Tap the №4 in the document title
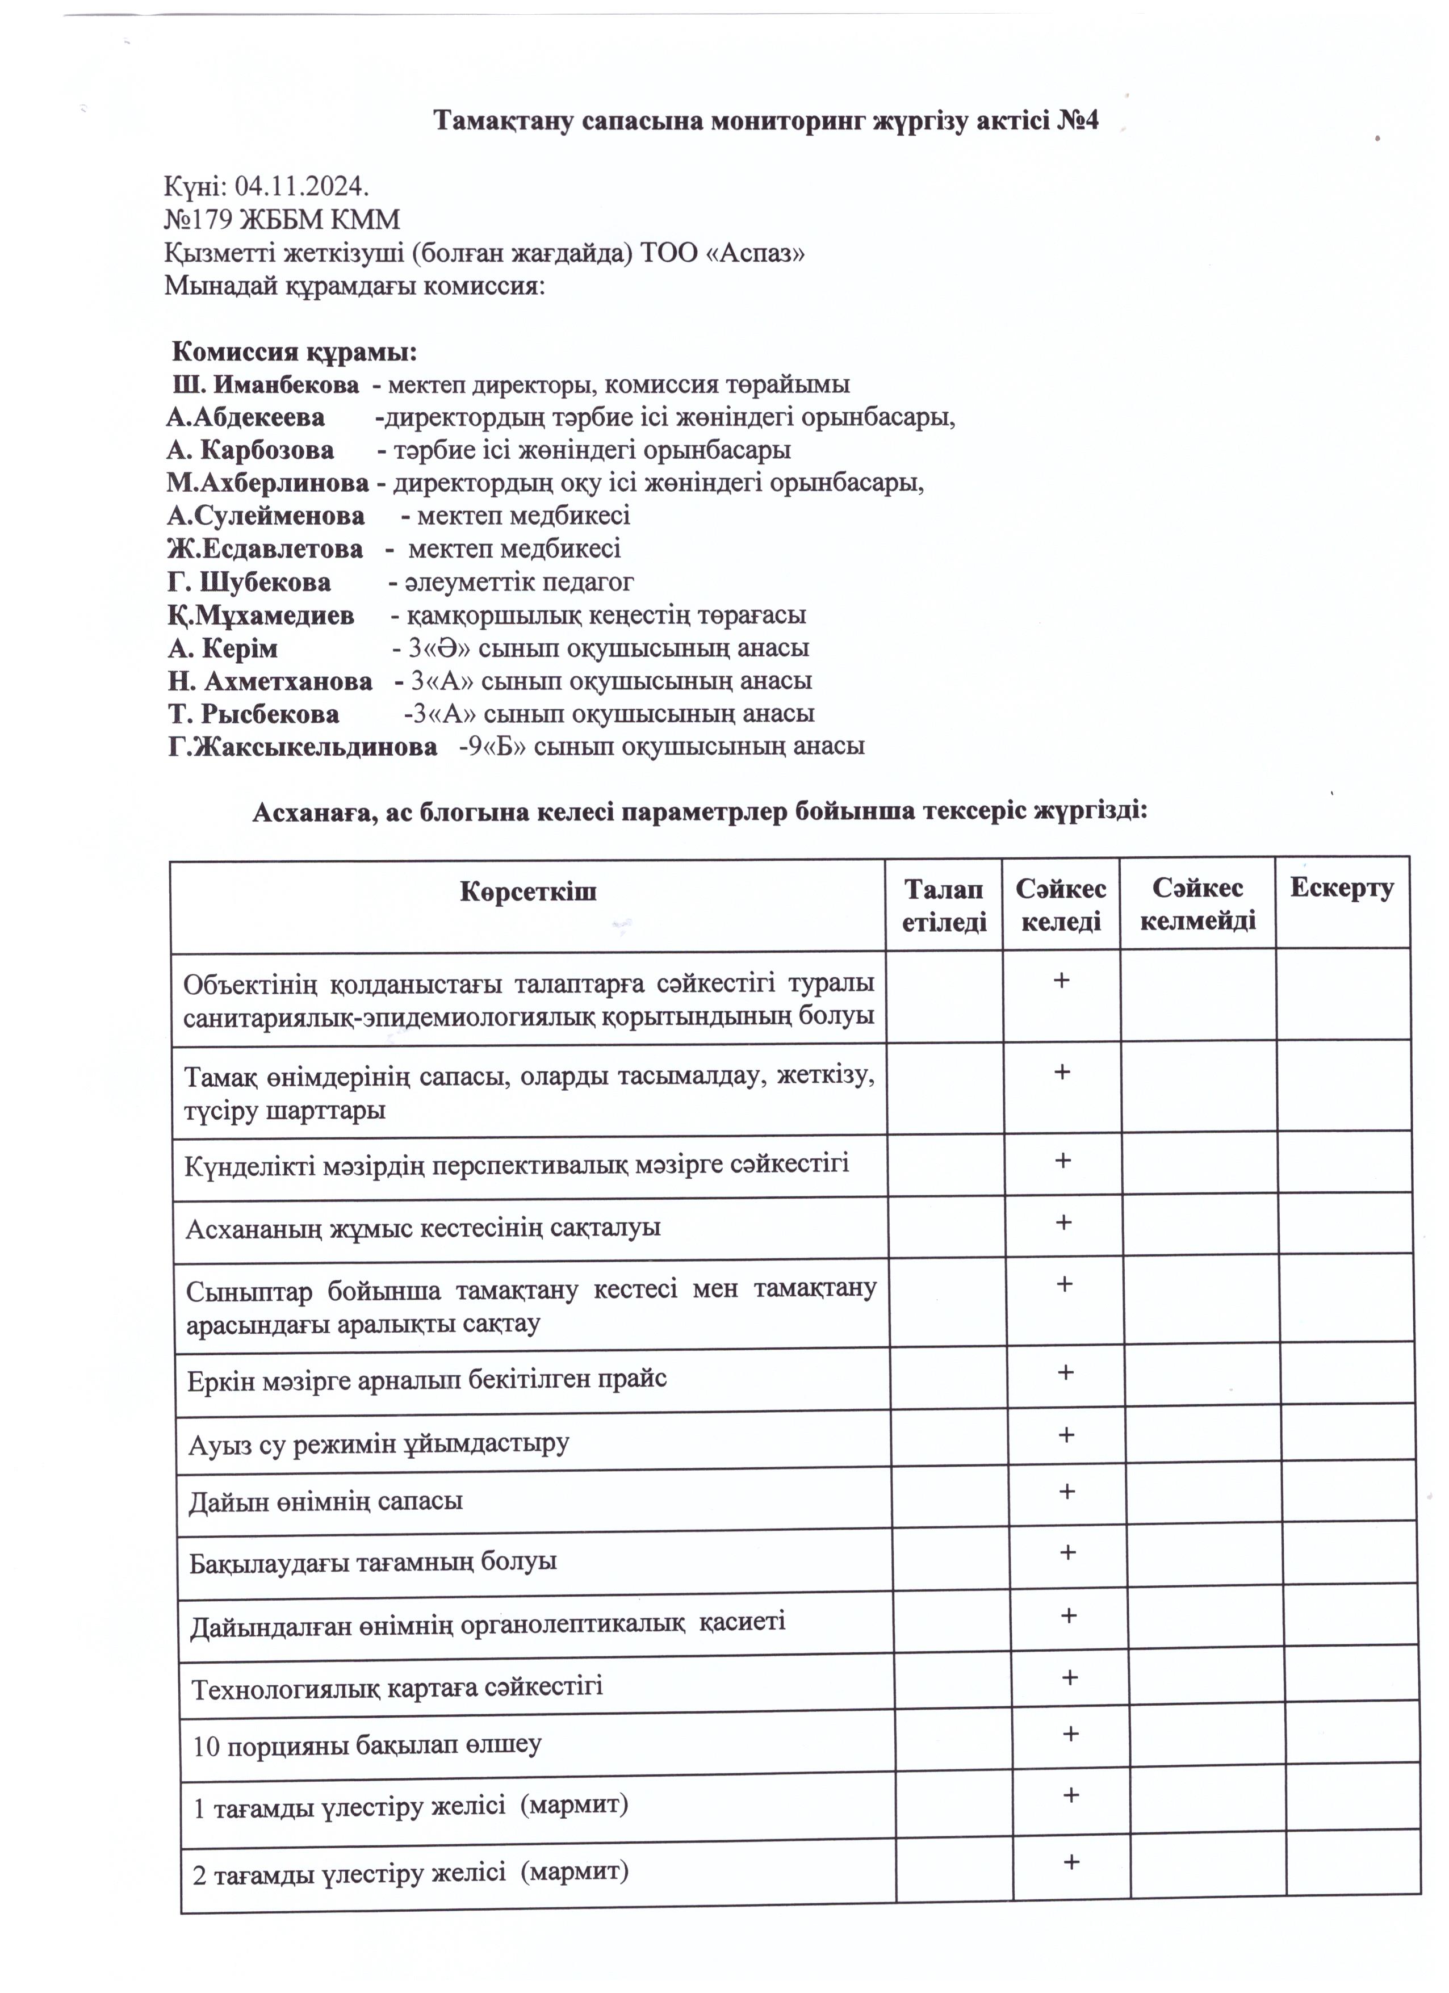(1073, 120)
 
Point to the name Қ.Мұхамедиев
(261, 615)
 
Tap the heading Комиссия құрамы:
(294, 353)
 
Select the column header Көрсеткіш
(528, 892)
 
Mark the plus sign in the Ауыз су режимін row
(1066, 1435)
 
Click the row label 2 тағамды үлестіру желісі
(411, 1871)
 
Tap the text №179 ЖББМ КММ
(281, 220)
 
